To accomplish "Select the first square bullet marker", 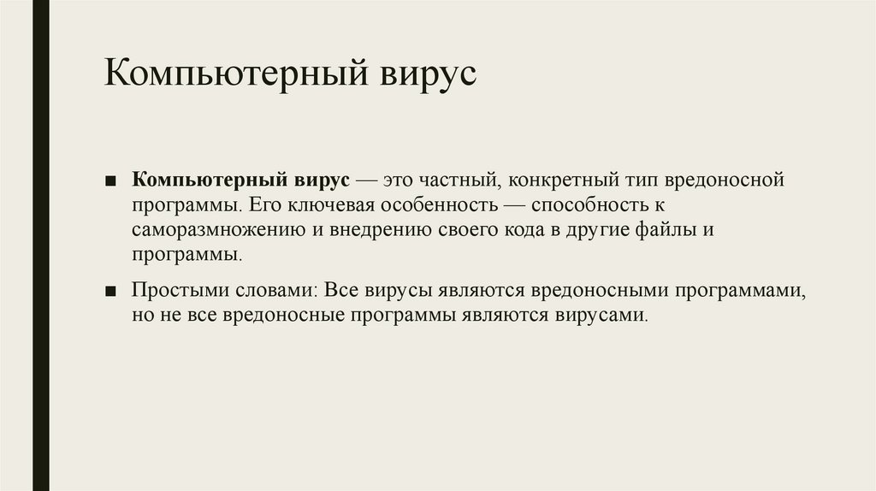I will (x=112, y=182).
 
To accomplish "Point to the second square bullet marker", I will (x=112, y=292).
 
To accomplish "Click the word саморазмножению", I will (x=214, y=230).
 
